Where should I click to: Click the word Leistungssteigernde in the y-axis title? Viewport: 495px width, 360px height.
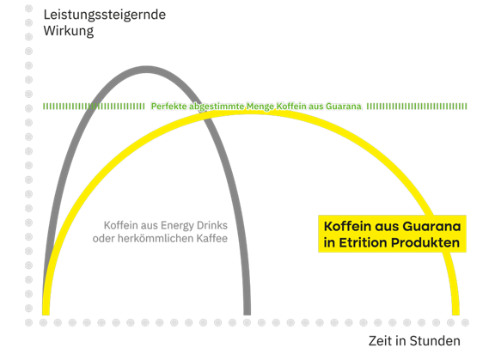coord(105,15)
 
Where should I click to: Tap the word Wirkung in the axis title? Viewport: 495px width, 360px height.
coord(69,31)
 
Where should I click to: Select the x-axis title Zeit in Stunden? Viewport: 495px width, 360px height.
coord(414,341)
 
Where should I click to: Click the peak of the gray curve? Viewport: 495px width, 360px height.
coord(146,70)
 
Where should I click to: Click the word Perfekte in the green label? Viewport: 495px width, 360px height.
coord(169,107)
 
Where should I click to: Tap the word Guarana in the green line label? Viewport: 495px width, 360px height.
coord(344,107)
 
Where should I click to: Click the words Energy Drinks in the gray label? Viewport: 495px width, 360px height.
coord(194,226)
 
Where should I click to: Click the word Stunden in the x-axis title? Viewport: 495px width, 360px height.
coord(435,341)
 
